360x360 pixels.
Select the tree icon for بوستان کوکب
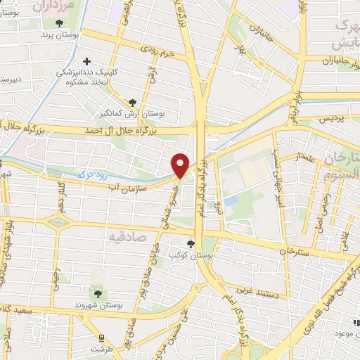[x=191, y=244]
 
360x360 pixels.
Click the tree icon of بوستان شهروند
[x=98, y=292]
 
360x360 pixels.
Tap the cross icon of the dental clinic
[x=87, y=61]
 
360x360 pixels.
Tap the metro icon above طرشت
[x=101, y=337]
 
